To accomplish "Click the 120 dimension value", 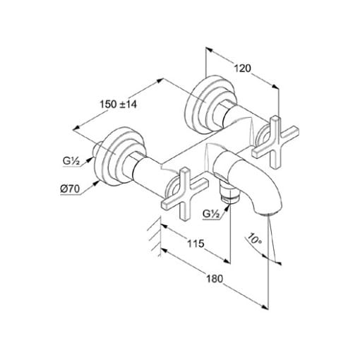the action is [243, 68].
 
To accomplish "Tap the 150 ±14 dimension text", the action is [118, 104].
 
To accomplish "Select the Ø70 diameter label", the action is [71, 189].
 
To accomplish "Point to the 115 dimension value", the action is [196, 244].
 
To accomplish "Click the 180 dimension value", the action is [215, 279].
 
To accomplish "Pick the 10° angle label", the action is [253, 239].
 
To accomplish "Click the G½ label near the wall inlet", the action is [71, 162].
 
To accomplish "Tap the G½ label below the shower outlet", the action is [211, 214].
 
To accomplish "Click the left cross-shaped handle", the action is [185, 193].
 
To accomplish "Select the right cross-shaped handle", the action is [275, 143].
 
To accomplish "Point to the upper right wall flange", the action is [210, 104].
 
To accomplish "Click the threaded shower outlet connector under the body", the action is [229, 192].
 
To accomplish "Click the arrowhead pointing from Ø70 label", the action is [96, 183].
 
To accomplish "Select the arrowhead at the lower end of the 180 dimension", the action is [265, 307].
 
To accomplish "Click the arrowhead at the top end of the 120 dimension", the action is [209, 49].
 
